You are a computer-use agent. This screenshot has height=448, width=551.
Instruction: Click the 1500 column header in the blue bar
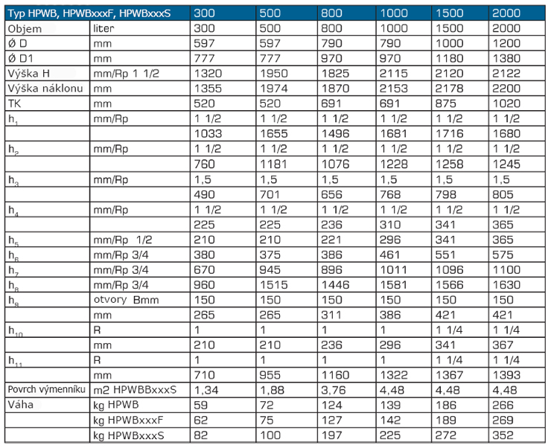pos(450,13)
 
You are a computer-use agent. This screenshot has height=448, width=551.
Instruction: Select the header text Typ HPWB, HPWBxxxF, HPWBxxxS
pos(89,13)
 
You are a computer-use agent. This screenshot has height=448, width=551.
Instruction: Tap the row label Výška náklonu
pos(45,89)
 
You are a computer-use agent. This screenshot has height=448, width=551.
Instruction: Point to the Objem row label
pos(25,29)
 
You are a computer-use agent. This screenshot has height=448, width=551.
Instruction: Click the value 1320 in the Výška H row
pos(208,74)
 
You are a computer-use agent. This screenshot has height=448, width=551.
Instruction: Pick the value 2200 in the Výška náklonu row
pos(506,89)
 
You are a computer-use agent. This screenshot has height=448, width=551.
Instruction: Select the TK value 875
pos(445,103)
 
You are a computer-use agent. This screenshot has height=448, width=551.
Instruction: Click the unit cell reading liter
pos(103,28)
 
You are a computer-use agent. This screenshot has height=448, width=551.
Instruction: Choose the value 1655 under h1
pos(274,134)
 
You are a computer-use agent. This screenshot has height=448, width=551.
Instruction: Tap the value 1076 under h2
pos(336,164)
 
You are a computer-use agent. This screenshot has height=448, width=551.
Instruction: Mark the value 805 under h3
pos(503,194)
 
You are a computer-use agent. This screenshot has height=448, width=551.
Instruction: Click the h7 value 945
pos(270,270)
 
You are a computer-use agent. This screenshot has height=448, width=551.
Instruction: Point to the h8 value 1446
pos(336,285)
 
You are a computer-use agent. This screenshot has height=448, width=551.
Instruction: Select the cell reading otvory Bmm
pos(126,300)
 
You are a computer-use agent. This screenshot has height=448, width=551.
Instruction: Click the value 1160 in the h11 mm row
pos(336,375)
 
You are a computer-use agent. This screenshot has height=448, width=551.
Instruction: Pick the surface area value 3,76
pos(334,390)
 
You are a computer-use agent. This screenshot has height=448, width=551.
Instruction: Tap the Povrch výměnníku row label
pos(46,390)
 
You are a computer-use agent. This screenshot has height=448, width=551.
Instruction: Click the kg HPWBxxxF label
pos(128,420)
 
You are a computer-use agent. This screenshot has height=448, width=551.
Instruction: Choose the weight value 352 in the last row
pos(503,435)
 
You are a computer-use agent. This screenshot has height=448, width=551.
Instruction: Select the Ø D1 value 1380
pos(506,58)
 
